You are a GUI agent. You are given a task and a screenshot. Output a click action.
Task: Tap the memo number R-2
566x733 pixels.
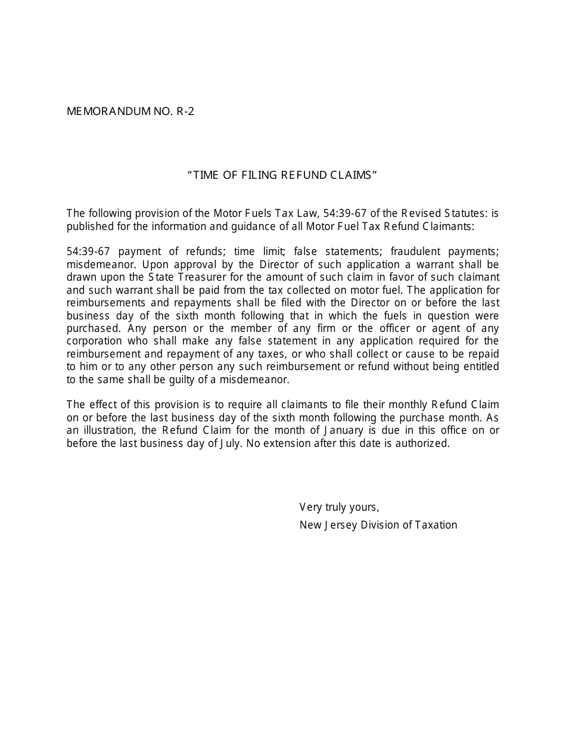(x=185, y=111)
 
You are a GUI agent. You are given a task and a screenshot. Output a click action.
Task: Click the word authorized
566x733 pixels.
(x=422, y=443)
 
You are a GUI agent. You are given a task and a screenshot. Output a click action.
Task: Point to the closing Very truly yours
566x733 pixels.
(x=339, y=507)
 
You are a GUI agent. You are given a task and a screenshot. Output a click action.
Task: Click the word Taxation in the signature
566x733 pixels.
(x=436, y=525)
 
